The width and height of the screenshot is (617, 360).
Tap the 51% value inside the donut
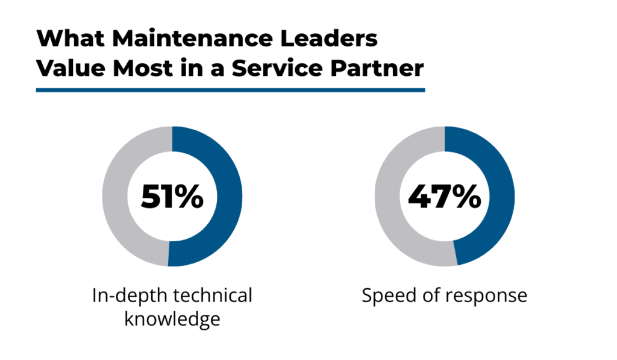172,197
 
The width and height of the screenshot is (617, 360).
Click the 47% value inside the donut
445,197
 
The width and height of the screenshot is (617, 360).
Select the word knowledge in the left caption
172,319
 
